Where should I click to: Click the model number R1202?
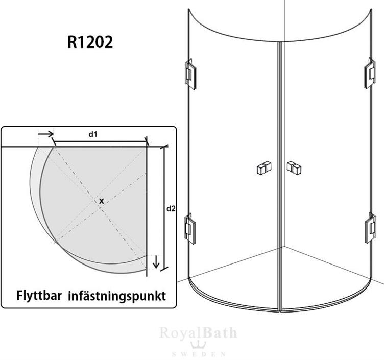pyautogui.click(x=90, y=42)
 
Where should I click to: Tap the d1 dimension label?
pyautogui.click(x=93, y=134)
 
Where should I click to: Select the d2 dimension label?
pyautogui.click(x=171, y=209)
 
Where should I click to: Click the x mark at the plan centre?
pyautogui.click(x=102, y=201)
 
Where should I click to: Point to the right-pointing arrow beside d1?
pyautogui.click(x=46, y=134)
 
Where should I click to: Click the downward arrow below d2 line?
pyautogui.click(x=156, y=262)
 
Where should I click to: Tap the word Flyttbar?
pyautogui.click(x=39, y=295)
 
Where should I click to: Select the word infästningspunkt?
pyautogui.click(x=117, y=296)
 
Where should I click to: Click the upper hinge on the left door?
pyautogui.click(x=190, y=74)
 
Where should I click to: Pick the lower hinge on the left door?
pyautogui.click(x=190, y=228)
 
